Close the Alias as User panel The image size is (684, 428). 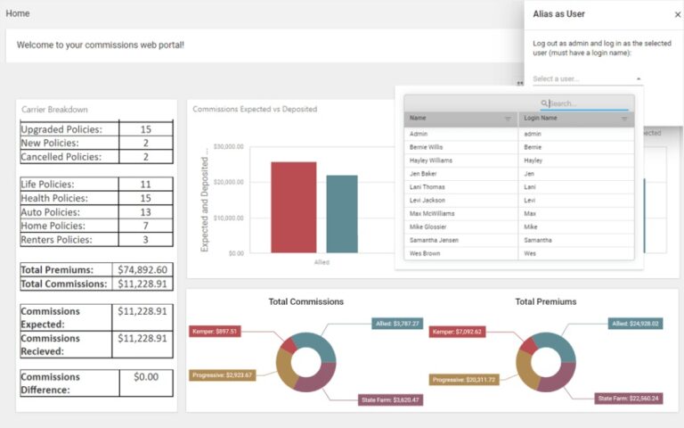pos(677,14)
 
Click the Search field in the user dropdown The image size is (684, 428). pos(588,103)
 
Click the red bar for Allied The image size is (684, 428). pos(293,207)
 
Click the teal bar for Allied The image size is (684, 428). pos(341,214)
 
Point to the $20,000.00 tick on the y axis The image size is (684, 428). pos(229,182)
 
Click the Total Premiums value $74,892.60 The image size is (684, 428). pos(142,269)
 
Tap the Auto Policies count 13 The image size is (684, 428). pos(145,212)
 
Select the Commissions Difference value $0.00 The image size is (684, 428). pos(145,377)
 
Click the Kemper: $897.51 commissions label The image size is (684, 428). pos(214,332)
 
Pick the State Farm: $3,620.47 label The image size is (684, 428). pos(390,399)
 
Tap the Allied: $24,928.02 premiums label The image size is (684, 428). pos(636,324)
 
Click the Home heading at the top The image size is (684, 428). pos(18,13)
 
